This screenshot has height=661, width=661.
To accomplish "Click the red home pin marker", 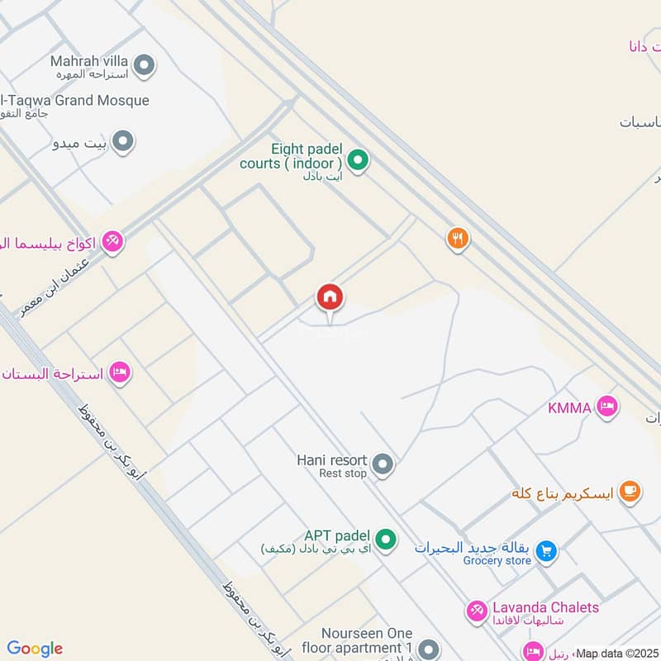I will (x=330, y=297).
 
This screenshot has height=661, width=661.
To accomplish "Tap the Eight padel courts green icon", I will (x=357, y=159).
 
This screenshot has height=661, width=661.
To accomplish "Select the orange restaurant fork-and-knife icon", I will (x=458, y=240).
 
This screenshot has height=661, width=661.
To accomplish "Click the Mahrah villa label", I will (x=88, y=61).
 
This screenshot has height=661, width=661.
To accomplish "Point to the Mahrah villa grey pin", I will (x=145, y=64).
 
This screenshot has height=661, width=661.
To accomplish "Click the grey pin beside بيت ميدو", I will (x=123, y=142).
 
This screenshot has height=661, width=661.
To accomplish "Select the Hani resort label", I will (x=331, y=459).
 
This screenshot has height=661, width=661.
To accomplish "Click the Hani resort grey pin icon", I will (x=382, y=465).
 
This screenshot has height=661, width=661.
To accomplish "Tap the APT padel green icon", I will (x=384, y=540).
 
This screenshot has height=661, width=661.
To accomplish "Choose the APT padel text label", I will (x=336, y=535).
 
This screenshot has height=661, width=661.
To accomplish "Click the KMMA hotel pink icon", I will (x=607, y=407).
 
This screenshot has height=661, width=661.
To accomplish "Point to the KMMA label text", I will (x=570, y=407).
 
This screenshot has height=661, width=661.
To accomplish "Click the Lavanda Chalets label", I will (x=545, y=607).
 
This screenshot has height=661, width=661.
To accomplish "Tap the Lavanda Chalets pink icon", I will (x=477, y=611).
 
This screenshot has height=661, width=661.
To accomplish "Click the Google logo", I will (x=35, y=649).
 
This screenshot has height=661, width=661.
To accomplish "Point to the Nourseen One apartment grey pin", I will (x=428, y=649).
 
